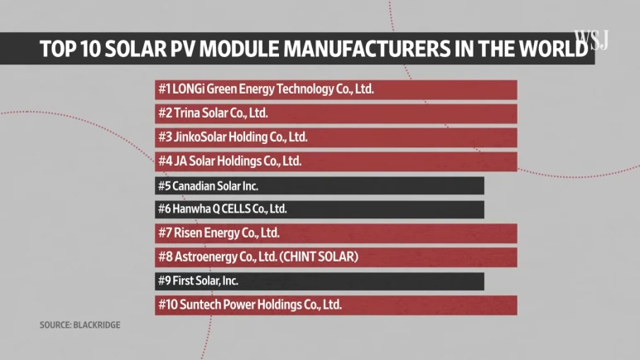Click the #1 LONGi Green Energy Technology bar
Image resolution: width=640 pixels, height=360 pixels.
[335, 89]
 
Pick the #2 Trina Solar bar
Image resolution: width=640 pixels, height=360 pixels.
[335, 113]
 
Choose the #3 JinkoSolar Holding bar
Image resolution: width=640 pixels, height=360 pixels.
[335, 137]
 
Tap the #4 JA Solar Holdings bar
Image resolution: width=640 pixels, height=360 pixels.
[335, 161]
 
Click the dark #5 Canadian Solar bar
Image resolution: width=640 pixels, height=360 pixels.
[319, 185]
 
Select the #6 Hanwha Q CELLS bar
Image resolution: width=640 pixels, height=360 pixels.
[319, 209]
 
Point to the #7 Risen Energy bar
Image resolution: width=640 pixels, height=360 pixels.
[335, 233]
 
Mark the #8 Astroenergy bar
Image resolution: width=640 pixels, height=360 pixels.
[335, 257]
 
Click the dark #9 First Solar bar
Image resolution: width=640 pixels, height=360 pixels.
[319, 281]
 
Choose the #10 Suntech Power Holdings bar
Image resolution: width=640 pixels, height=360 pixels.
[335, 305]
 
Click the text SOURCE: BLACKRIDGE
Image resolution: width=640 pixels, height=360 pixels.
[80, 325]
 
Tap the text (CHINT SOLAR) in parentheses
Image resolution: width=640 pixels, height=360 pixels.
[319, 257]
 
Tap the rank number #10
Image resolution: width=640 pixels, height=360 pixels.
[167, 305]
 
